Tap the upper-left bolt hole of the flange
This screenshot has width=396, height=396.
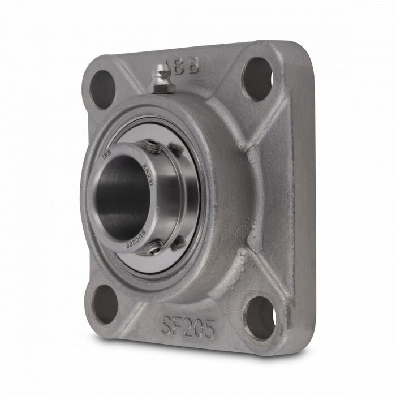(102, 88)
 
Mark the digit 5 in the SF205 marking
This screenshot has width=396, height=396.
(208, 328)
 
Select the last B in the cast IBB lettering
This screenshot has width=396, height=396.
(195, 66)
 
